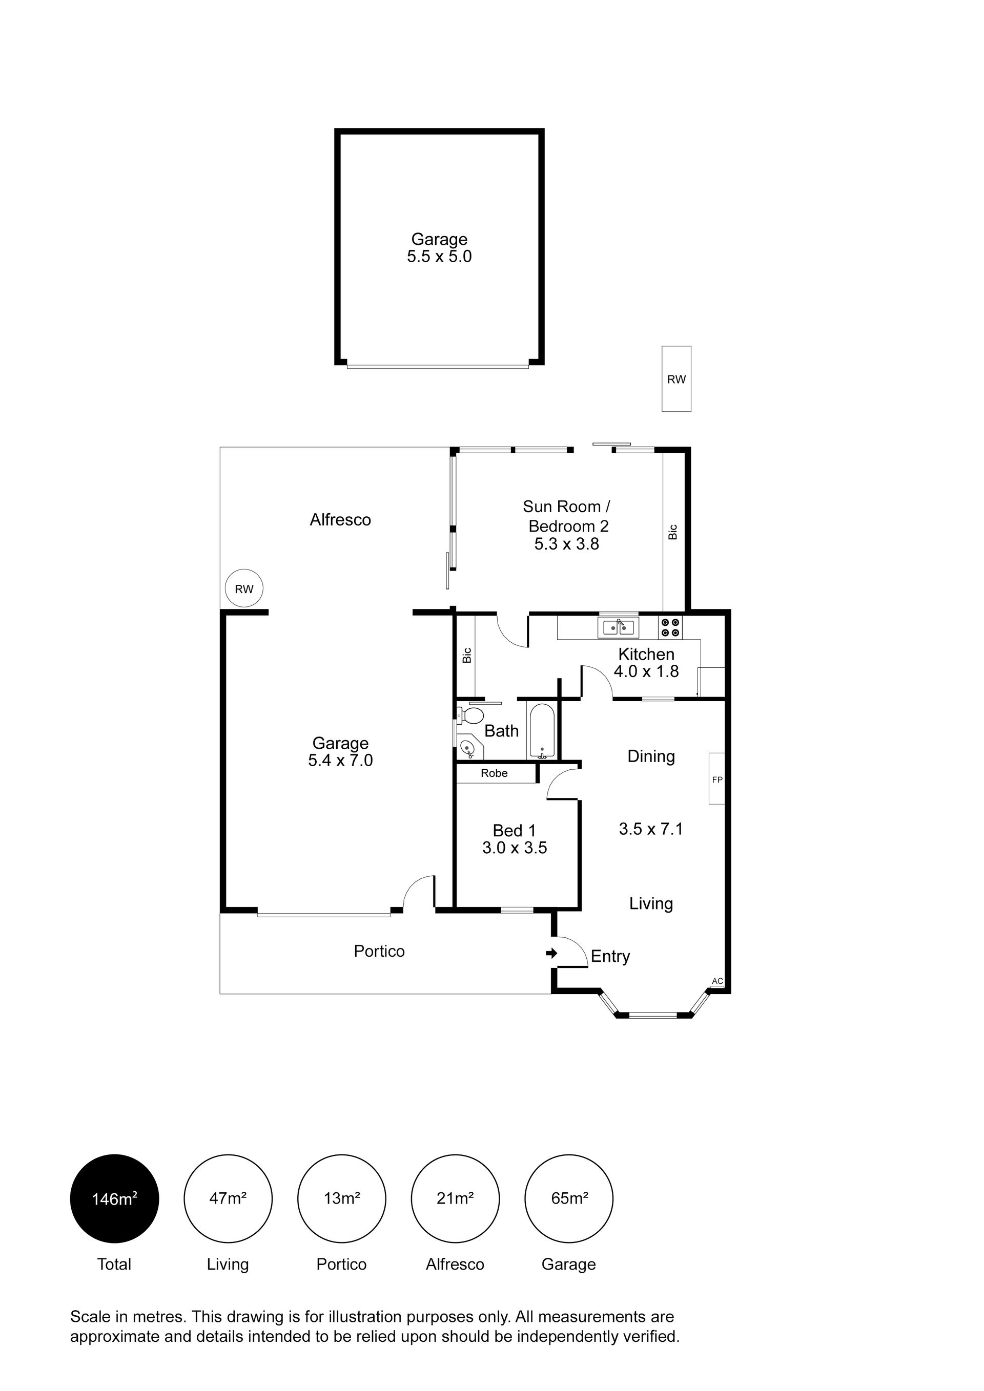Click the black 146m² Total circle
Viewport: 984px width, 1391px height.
[x=115, y=1199]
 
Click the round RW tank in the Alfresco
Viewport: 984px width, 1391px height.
[x=244, y=588]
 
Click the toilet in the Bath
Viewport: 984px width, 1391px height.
[x=470, y=715]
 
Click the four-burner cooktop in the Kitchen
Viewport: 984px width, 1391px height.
[x=670, y=628]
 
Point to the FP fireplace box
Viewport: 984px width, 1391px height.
[x=717, y=778]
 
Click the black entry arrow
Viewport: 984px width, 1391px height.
[x=551, y=954]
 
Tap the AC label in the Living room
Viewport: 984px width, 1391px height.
[x=717, y=981]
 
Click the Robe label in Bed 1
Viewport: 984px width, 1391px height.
[x=494, y=773]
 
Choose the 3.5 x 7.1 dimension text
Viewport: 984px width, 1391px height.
[x=650, y=829]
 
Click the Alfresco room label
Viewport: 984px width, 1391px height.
[x=340, y=520]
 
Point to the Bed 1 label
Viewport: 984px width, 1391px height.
[x=514, y=831]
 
